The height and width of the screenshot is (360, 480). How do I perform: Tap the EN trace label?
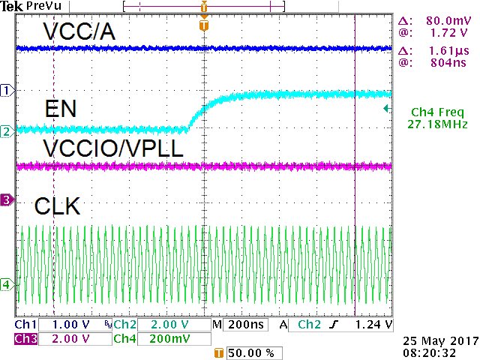tap(59, 109)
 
